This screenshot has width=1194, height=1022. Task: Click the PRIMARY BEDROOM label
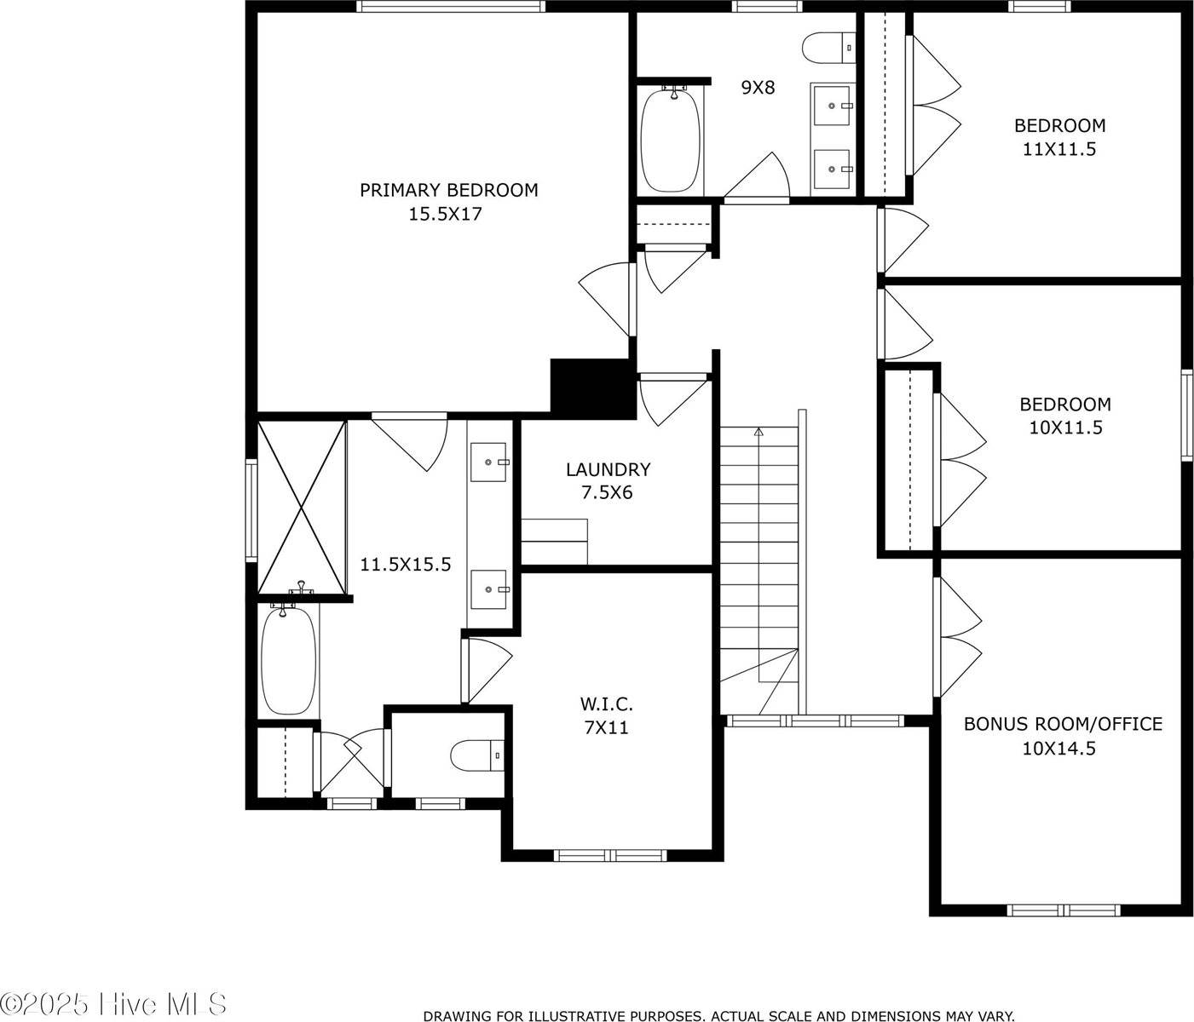click(x=449, y=190)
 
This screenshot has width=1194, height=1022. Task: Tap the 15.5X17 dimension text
click(x=446, y=215)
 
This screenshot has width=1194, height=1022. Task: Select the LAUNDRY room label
click(x=609, y=469)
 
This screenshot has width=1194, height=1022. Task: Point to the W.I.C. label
click(x=607, y=704)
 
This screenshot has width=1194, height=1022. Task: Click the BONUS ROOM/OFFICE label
click(x=1063, y=724)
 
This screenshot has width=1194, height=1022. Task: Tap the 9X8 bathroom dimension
click(x=758, y=88)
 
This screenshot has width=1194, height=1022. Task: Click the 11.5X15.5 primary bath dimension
click(x=406, y=564)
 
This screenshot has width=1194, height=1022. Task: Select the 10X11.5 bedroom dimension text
click(x=1066, y=428)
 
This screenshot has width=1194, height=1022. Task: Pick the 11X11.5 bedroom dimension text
click(x=1059, y=150)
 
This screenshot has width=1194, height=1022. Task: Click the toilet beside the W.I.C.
click(x=477, y=755)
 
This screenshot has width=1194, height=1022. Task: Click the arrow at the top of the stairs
click(x=759, y=432)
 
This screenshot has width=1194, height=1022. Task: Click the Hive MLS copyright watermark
click(x=113, y=1004)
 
